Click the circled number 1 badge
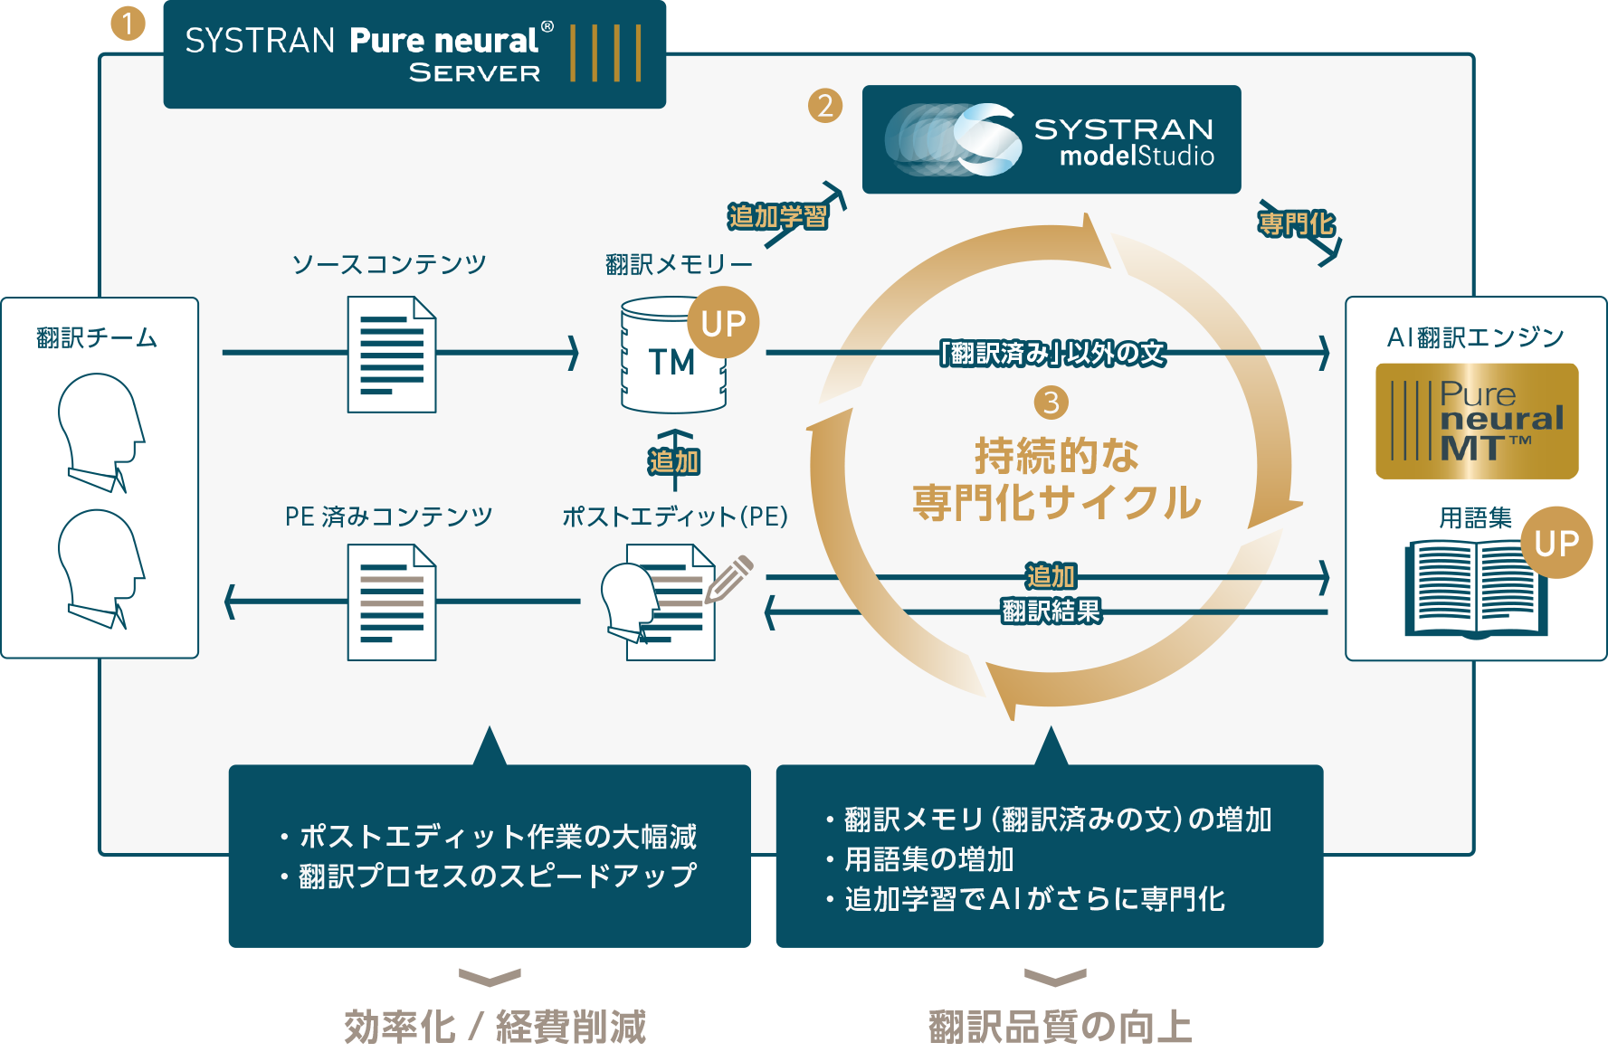point(128,24)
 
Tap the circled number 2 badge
point(824,106)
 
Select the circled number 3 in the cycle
point(1051,402)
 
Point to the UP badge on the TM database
point(723,323)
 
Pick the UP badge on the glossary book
point(1556,543)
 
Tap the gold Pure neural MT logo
point(1477,422)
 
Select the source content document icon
point(392,355)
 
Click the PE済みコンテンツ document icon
point(392,602)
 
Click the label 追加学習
point(777,217)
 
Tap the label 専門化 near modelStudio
point(1296,223)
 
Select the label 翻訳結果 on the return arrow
point(1051,611)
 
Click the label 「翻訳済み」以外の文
point(1052,353)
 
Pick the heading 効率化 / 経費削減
point(495,1027)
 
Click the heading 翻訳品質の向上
point(1060,1027)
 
